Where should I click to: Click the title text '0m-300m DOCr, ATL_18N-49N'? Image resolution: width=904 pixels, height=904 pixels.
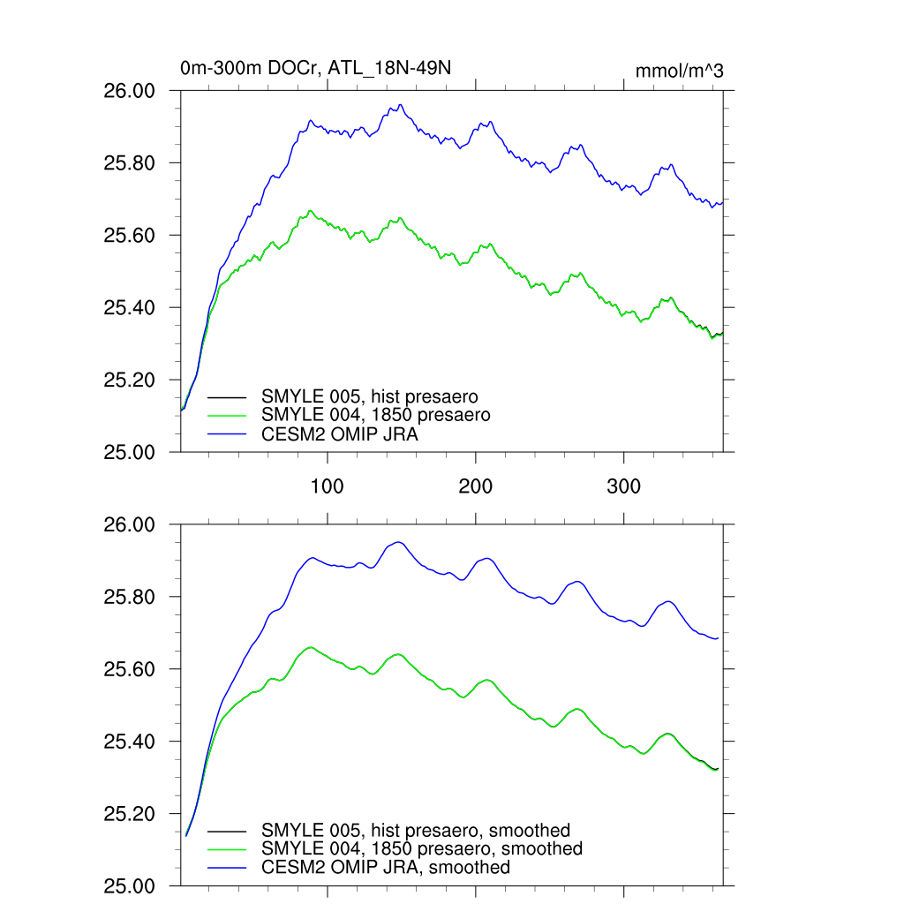coord(316,69)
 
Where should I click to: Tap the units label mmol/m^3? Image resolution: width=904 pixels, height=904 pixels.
coord(679,71)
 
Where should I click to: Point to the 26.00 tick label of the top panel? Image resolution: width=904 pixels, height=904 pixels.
coord(131,91)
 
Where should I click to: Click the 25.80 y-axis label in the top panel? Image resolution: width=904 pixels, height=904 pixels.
coord(131,163)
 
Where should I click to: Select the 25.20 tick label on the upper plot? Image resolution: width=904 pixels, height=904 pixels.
coord(131,380)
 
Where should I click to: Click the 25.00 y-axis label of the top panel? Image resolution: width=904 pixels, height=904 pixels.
coord(131,452)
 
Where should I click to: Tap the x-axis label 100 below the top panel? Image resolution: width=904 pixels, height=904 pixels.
coord(328,486)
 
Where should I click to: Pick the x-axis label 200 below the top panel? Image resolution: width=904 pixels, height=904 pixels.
coord(476,486)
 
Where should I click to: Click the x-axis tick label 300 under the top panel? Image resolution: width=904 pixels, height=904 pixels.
coord(624,486)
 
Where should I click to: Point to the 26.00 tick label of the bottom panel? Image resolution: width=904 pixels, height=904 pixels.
coord(131,525)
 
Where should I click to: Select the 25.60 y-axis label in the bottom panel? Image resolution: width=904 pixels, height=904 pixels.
coord(131,669)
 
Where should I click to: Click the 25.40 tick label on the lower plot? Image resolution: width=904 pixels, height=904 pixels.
coord(131,742)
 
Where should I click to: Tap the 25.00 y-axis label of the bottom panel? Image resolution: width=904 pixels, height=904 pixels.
coord(131,885)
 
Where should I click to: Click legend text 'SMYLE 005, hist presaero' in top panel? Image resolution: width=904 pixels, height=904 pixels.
coord(370,396)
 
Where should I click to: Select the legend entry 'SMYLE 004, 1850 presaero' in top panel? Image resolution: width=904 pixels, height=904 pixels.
coord(375,414)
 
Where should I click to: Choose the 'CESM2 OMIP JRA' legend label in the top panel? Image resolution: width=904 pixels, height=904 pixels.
coord(340,433)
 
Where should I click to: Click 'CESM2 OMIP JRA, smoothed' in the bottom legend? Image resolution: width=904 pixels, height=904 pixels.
coord(386,867)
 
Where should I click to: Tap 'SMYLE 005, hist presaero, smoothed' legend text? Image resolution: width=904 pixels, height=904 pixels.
coord(416,830)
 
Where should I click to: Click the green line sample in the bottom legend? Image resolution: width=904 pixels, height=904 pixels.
coord(226,849)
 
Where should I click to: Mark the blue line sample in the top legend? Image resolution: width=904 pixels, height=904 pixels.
coord(226,433)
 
